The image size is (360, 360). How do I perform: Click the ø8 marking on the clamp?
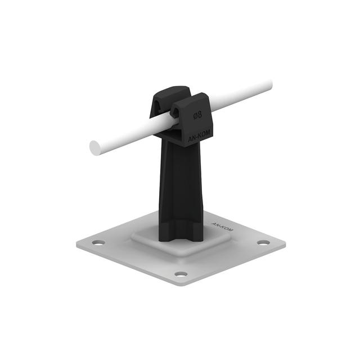197,115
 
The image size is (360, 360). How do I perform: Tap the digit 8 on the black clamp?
200,115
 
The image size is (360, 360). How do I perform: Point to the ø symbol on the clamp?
195,116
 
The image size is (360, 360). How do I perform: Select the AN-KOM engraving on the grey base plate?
222,226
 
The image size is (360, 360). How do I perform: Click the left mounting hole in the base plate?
98,242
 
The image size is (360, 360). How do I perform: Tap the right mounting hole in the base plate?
263,242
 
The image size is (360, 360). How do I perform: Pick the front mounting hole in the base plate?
181,274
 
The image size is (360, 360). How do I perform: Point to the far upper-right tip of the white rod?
272,84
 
